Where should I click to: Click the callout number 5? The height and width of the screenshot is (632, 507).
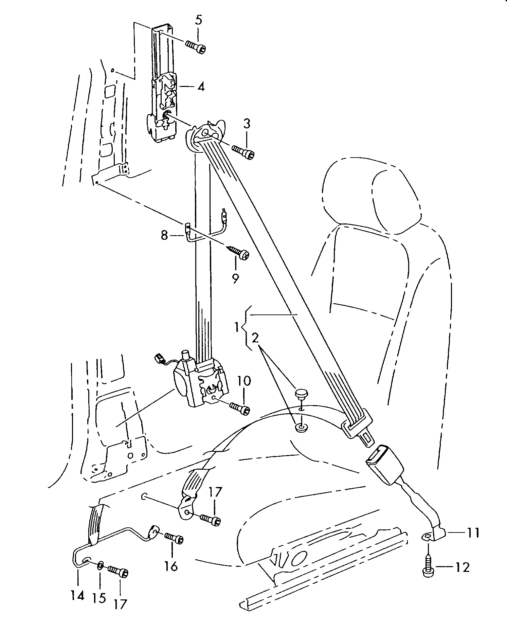199,20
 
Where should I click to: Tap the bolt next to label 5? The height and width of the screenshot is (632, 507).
196,47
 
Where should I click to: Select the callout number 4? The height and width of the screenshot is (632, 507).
201,87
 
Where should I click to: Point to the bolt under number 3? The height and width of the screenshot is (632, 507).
243,151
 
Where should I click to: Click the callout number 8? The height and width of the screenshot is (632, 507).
165,235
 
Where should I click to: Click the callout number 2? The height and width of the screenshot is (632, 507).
255,338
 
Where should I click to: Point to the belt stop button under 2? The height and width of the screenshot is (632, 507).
300,395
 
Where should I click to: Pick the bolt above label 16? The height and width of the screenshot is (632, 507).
174,538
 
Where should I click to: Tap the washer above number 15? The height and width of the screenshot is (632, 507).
100,566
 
